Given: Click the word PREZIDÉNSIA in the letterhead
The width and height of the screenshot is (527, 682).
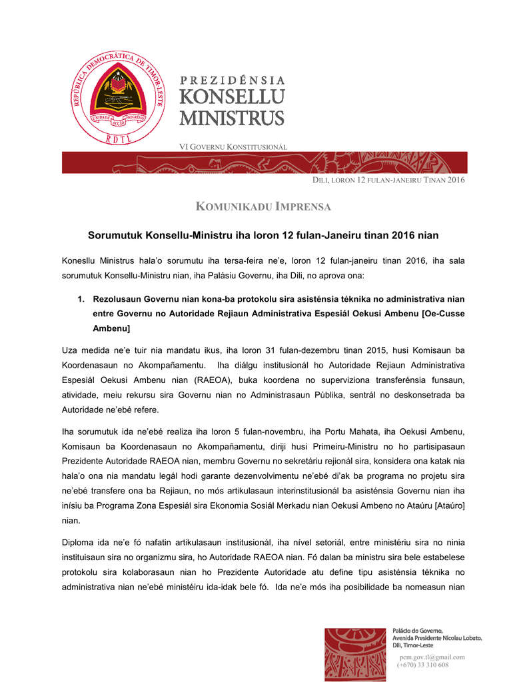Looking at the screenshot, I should pos(233,81).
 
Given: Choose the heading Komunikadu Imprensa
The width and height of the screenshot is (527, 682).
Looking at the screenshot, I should pos(263,207).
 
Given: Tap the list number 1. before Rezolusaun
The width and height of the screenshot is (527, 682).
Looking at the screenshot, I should pos(81,300).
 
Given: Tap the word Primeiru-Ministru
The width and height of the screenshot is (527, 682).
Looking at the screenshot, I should pos(310,445).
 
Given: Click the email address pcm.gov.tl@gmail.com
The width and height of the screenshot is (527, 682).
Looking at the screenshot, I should pos(432,657).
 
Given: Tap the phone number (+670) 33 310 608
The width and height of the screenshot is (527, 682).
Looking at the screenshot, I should pos(422,665).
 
